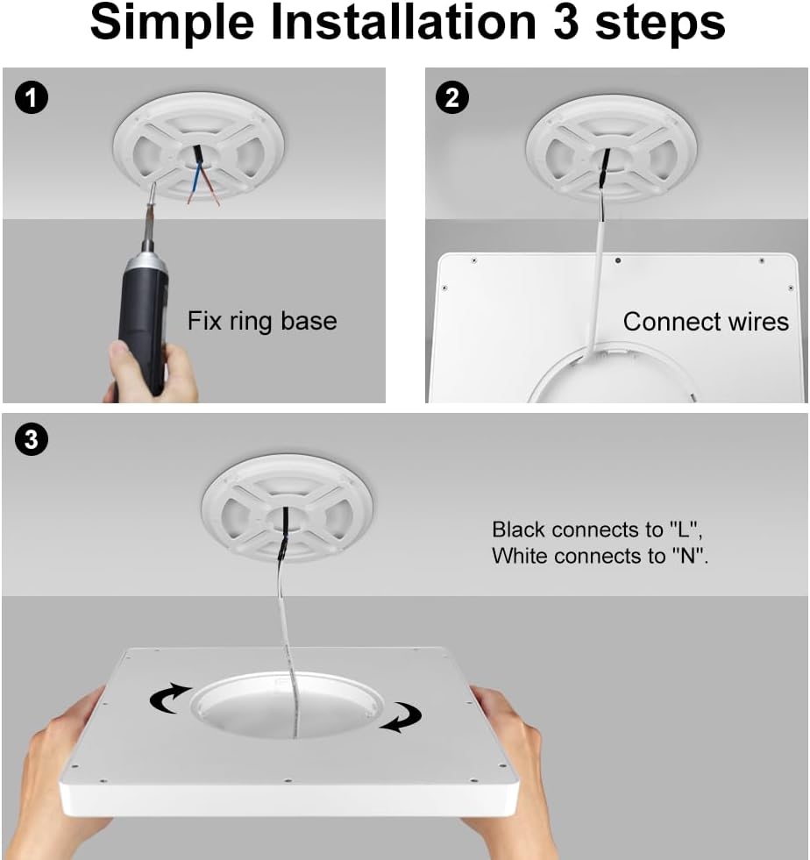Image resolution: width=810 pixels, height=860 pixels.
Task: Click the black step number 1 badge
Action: [x=32, y=97]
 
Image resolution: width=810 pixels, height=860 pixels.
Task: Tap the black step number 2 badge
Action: [x=451, y=97]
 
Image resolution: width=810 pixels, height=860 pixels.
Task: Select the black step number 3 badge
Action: [x=32, y=439]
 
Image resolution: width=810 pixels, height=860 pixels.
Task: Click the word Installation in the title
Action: [x=403, y=22]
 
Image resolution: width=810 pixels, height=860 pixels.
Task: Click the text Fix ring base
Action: [x=262, y=321]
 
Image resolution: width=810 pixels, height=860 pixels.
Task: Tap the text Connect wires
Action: [x=706, y=322]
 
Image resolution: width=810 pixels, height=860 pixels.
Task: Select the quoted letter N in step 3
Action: [x=688, y=556]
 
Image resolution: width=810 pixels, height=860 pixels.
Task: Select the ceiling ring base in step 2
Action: [x=612, y=147]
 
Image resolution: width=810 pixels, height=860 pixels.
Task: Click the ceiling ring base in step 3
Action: [x=287, y=508]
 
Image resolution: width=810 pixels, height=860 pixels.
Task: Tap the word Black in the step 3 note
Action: [x=518, y=530]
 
